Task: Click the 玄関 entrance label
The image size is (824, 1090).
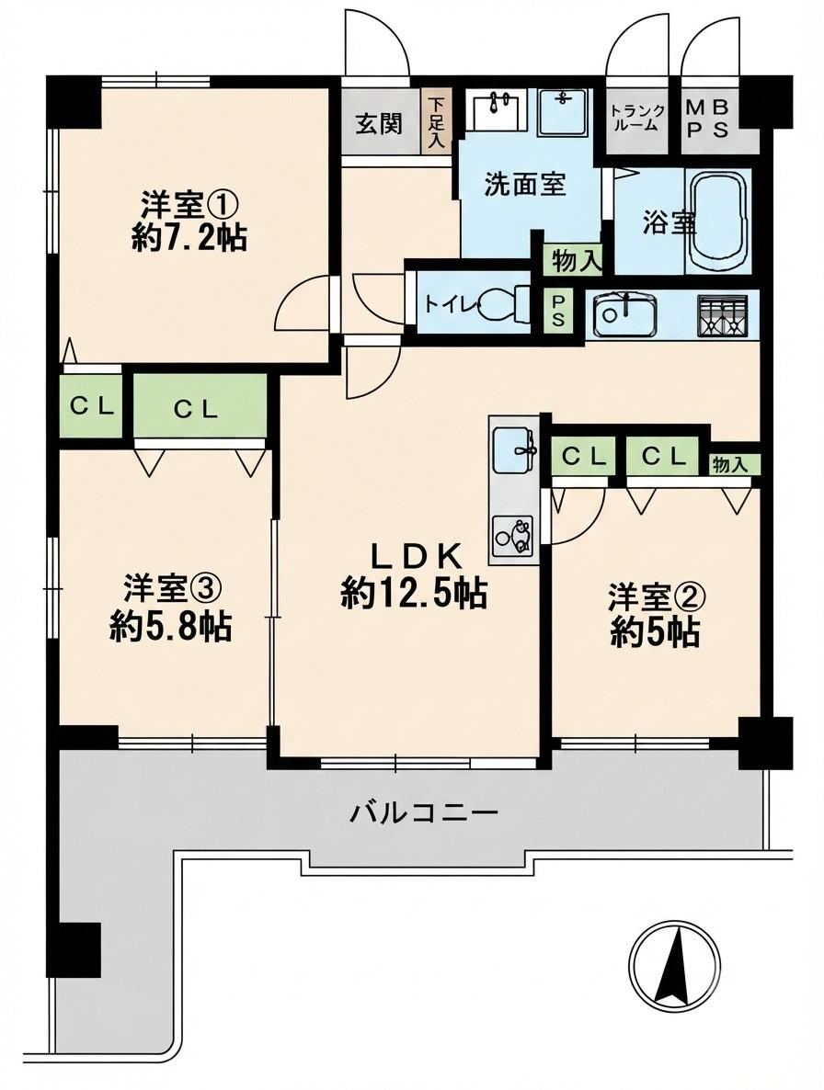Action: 379,124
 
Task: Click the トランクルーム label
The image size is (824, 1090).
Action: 637,119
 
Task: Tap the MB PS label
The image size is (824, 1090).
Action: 708,119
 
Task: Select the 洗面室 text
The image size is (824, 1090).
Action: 525,185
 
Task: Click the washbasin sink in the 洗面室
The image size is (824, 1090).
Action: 495,110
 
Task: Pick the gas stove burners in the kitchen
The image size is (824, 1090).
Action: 724,315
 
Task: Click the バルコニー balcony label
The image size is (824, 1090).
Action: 423,812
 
